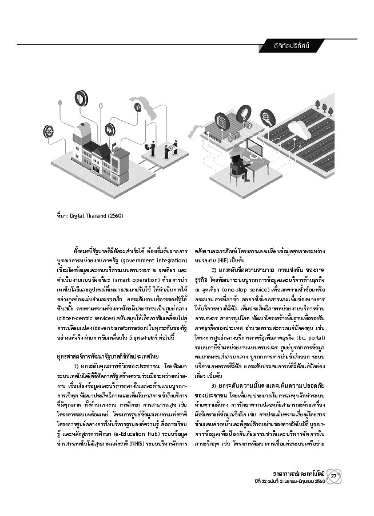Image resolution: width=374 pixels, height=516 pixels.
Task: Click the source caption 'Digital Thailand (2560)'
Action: (x=93, y=216)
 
